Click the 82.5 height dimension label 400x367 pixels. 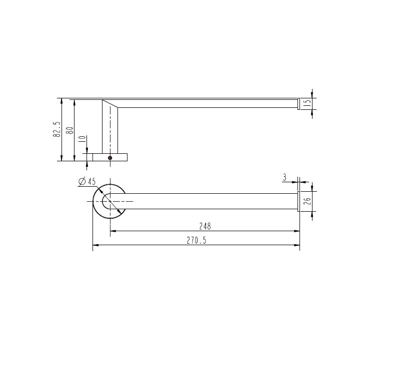(56, 130)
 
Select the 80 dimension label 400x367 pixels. (69, 131)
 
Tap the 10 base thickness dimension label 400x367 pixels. (82, 140)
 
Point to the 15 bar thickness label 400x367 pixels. (307, 104)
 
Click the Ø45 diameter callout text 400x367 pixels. (87, 182)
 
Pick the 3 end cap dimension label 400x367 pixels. (284, 177)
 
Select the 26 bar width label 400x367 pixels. (307, 201)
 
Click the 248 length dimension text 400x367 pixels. (205, 226)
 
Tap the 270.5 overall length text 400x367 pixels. (196, 240)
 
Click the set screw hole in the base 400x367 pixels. (110, 158)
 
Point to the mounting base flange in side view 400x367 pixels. (110, 157)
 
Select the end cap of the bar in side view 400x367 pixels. (299, 104)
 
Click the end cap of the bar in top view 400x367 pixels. (299, 201)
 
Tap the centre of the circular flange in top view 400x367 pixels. (109, 201)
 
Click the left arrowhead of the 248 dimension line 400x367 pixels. (113, 231)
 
